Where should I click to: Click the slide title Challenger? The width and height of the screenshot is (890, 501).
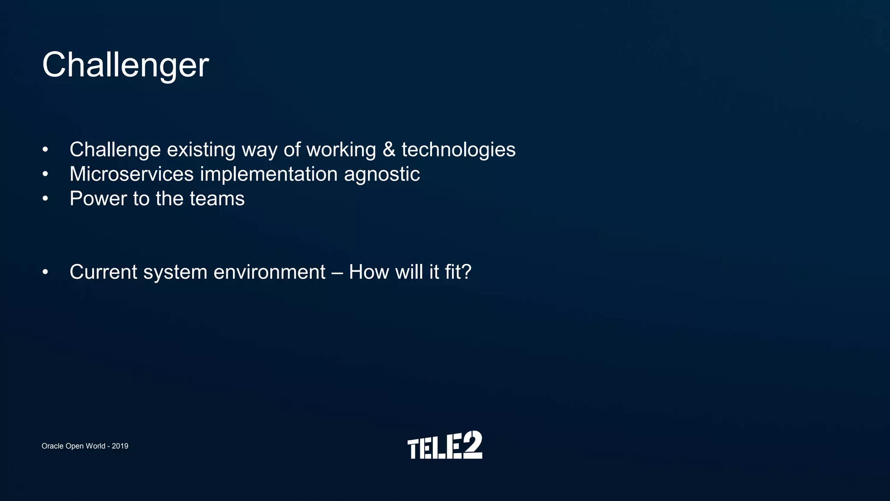(126, 65)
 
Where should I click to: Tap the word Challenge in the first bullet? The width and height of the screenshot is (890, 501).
(115, 150)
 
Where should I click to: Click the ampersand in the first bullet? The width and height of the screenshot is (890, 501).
(389, 150)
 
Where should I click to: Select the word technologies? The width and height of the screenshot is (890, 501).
(458, 150)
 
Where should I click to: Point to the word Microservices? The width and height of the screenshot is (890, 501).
(132, 174)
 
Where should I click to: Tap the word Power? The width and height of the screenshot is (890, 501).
(98, 199)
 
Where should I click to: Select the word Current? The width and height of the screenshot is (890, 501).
(103, 272)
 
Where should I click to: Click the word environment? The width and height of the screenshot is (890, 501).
(269, 272)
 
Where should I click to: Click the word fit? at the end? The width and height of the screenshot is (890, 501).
(458, 272)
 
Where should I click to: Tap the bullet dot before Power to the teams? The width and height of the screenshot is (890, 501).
(45, 199)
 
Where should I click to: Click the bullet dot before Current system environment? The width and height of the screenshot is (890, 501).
(45, 273)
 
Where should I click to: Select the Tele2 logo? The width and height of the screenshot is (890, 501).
(445, 445)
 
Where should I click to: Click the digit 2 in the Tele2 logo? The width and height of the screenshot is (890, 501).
(472, 444)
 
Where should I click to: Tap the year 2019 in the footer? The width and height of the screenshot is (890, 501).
(120, 446)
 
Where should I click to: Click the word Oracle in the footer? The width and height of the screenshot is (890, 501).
(53, 446)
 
